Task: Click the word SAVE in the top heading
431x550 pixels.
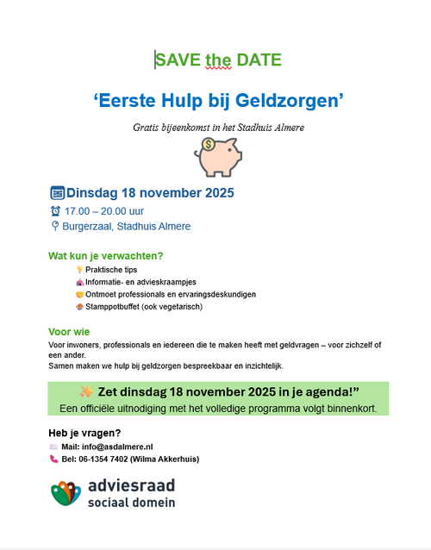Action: (178, 59)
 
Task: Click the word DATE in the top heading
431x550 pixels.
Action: (258, 59)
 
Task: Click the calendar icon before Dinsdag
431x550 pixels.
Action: (57, 193)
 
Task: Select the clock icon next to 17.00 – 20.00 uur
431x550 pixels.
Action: (56, 211)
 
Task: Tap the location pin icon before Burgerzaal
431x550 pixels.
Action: (55, 227)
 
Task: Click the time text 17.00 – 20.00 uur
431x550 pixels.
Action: (107, 211)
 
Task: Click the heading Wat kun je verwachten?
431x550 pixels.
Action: (106, 256)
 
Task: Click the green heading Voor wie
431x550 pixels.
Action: (69, 332)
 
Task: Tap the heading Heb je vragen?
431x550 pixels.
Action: (84, 433)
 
